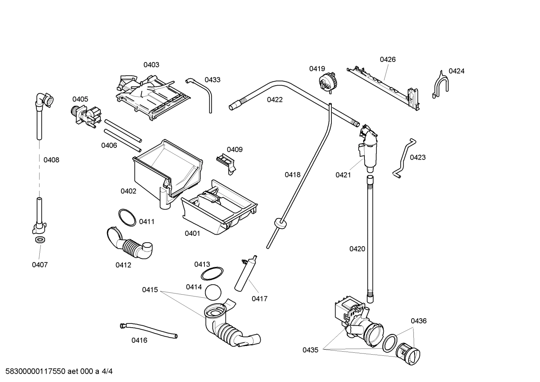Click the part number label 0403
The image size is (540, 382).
click(151, 65)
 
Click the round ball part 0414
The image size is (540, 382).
click(213, 292)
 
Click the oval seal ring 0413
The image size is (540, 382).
click(212, 274)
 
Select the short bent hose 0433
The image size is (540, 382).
click(202, 92)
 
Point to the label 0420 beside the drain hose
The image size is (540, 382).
click(357, 249)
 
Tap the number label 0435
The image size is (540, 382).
click(310, 350)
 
